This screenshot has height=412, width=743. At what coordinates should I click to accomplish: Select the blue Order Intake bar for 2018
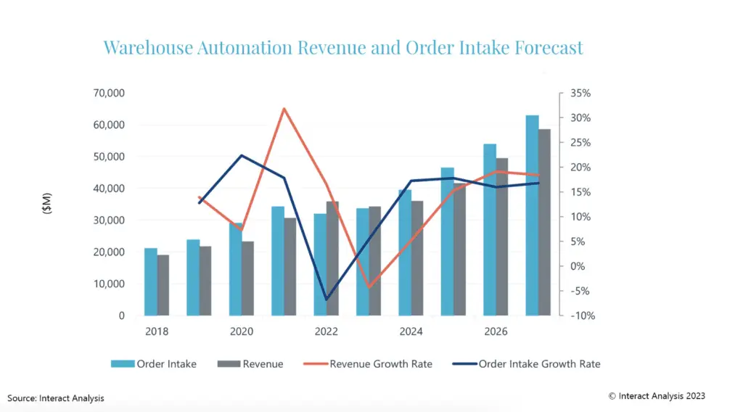coord(151,282)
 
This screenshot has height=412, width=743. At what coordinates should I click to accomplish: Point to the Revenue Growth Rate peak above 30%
coord(284,109)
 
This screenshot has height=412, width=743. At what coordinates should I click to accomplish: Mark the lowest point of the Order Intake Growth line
coord(327,299)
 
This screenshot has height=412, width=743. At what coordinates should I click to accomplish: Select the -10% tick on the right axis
coord(580,316)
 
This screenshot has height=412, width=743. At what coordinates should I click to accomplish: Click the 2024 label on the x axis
coord(411,331)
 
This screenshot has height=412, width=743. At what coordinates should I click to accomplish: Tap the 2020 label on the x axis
coord(242,331)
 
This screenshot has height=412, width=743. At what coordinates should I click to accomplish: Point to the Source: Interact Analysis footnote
coord(56,397)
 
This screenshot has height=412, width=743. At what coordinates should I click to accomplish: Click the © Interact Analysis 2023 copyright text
coord(657,396)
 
